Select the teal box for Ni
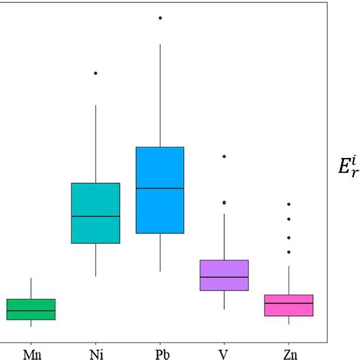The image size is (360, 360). [96, 199]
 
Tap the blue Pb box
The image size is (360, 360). [159, 167]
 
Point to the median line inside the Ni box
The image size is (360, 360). [96, 216]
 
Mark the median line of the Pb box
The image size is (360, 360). [159, 188]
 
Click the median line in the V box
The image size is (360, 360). [224, 277]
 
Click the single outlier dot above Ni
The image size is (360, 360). [96, 73]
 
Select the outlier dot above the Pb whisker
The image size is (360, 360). [159, 17]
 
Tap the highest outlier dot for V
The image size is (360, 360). [224, 156]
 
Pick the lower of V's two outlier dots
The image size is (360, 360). [224, 203]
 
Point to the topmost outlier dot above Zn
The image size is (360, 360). [289, 204]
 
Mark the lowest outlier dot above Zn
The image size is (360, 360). [289, 251]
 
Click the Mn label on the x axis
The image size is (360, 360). [32, 353]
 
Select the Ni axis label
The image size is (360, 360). [96, 353]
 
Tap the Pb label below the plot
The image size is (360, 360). [159, 353]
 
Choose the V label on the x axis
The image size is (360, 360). [224, 353]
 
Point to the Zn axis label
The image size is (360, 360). [289, 353]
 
